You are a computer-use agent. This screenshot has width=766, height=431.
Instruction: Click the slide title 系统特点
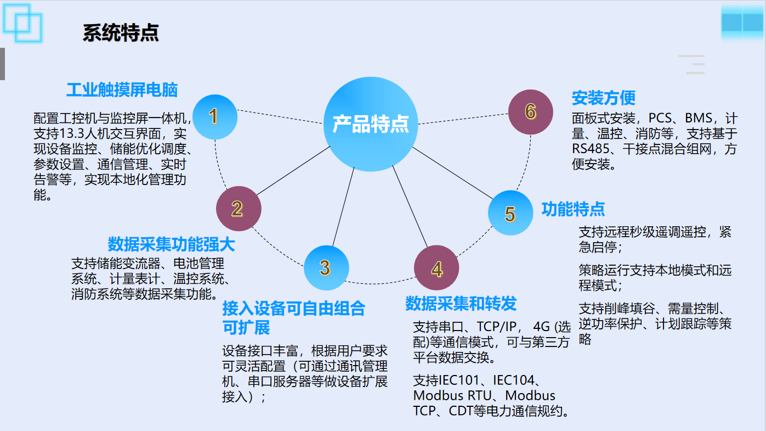(121, 33)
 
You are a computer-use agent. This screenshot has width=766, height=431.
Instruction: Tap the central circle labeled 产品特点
(371, 124)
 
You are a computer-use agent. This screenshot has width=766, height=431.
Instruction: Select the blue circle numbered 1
(215, 117)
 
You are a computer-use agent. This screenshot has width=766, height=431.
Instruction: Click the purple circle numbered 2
(239, 209)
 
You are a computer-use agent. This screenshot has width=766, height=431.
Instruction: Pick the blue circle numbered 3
(326, 268)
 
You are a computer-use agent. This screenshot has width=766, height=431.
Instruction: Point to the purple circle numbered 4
(436, 268)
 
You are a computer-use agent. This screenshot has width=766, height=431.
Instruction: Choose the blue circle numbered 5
(510, 213)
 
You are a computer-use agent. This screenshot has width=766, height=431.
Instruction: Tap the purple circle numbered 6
(530, 112)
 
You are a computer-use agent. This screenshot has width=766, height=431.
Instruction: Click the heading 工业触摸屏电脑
(122, 90)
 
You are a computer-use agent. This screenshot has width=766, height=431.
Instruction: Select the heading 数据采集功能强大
(171, 244)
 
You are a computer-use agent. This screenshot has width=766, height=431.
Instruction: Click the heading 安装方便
(604, 98)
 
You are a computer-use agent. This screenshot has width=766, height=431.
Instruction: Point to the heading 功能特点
(573, 209)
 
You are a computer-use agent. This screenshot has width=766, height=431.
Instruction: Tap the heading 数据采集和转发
(461, 304)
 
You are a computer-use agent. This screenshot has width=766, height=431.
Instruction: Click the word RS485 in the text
(591, 149)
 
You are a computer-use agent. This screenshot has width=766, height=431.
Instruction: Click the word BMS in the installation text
(699, 118)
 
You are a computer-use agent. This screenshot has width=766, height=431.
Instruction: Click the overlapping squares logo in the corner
(22, 23)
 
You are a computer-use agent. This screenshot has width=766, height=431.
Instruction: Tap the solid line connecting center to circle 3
(343, 206)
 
